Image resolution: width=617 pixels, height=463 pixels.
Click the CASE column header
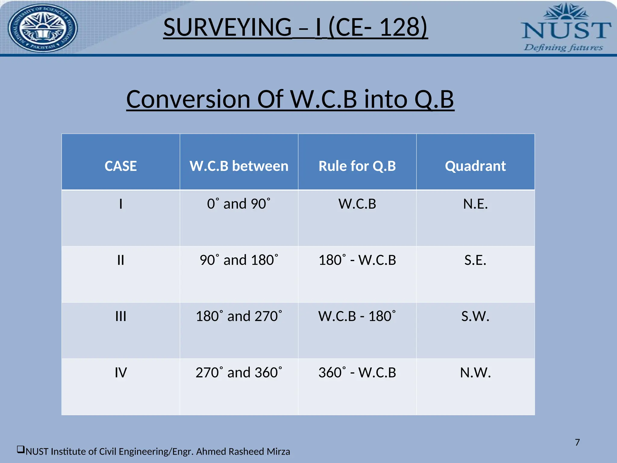point(121,166)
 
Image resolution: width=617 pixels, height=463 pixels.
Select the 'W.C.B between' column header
point(239,166)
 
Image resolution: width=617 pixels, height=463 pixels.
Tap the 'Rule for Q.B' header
point(357,166)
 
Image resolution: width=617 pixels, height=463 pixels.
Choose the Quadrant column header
point(475,166)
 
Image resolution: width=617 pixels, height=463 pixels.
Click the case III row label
point(121,317)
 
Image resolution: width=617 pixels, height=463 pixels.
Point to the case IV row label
point(121,373)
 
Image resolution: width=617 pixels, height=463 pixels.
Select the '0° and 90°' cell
point(239,204)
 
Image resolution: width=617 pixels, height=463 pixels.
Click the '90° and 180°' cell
point(239,260)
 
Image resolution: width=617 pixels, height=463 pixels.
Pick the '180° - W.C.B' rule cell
point(357,260)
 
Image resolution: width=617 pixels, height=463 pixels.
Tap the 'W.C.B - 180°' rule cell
point(357,317)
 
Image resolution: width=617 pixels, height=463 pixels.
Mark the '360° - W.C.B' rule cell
point(357,373)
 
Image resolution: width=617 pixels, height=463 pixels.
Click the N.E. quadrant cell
point(475,204)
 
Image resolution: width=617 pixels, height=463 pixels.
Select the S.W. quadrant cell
point(475,317)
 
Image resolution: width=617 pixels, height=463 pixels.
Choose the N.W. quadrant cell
point(475,373)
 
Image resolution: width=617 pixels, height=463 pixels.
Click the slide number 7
point(577,442)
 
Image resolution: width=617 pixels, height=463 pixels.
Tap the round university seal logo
point(42,28)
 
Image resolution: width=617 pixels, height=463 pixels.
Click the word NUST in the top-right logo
point(566,30)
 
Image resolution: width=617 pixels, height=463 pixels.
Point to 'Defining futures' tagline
point(563,48)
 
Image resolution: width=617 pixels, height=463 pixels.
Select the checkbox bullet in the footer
point(20,450)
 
